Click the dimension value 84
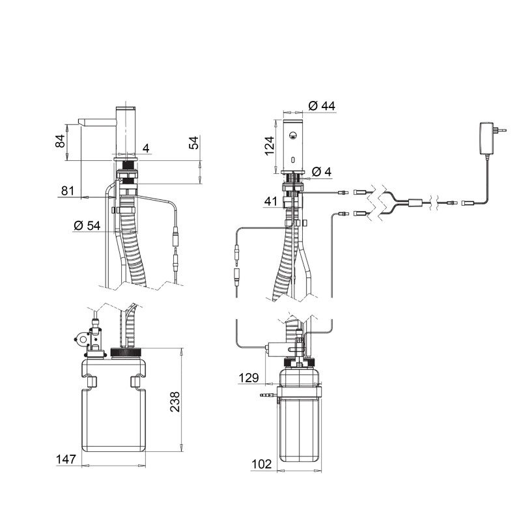pyautogui.click(x=60, y=141)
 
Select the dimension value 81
pyautogui.click(x=67, y=191)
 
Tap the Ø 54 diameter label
pyautogui.click(x=87, y=225)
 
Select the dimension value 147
pyautogui.click(x=64, y=460)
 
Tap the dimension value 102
pyautogui.click(x=262, y=464)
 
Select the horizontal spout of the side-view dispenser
pyautogui.click(x=96, y=122)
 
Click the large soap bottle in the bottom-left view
pyautogui.click(x=113, y=410)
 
